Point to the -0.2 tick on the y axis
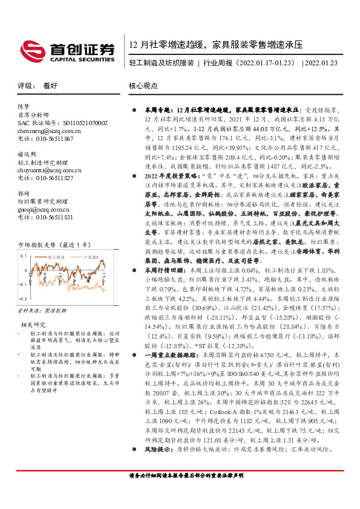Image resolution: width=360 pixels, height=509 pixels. pyautogui.click(x=22, y=316)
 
